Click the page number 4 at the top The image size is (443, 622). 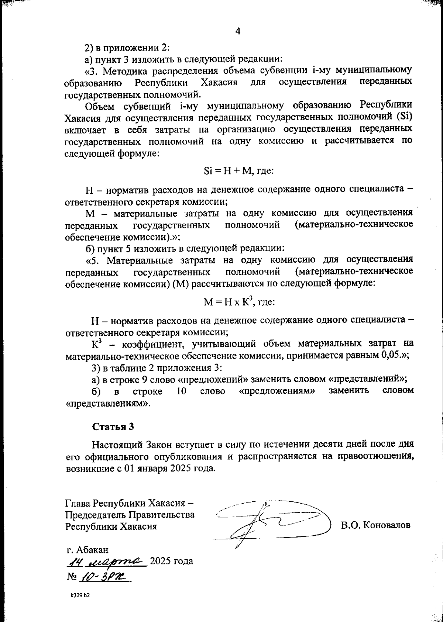[x=237, y=32]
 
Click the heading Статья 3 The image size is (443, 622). [x=113, y=426]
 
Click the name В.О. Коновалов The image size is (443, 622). [x=375, y=525]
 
